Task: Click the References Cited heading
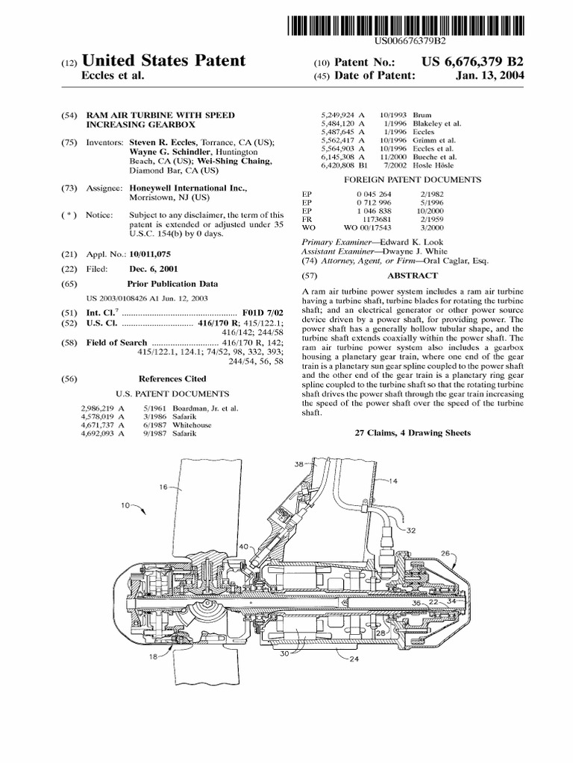click(x=172, y=379)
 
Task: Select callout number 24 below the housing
click(x=354, y=658)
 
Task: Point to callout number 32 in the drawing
click(x=411, y=531)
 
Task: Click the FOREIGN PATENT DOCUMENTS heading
click(x=412, y=180)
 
